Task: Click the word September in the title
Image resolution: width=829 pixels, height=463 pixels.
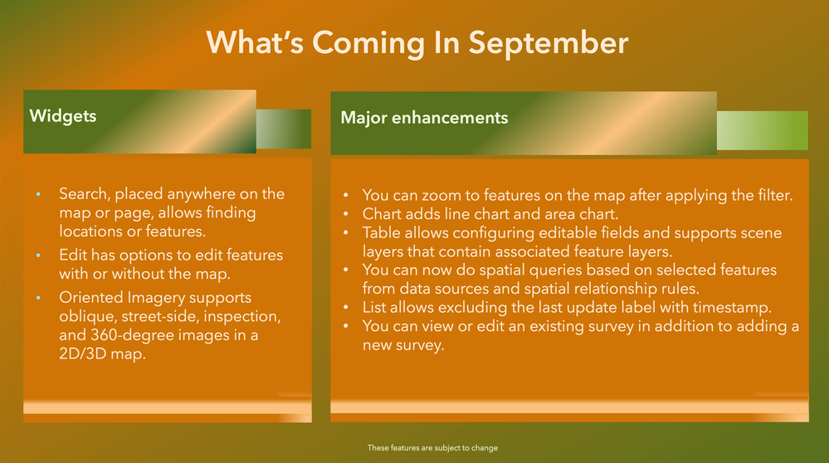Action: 549,43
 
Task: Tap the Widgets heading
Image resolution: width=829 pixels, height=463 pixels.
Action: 63,116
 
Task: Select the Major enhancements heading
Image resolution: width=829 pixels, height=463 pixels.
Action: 424,117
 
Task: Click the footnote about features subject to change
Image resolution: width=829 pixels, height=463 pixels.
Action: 432,448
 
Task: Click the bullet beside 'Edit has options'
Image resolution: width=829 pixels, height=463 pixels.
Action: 39,256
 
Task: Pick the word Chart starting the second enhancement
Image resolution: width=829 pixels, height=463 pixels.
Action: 380,214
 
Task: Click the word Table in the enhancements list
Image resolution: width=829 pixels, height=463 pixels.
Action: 379,232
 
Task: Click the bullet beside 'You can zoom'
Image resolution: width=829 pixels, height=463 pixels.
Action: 346,196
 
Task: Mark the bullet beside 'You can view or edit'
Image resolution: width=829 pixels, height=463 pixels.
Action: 346,327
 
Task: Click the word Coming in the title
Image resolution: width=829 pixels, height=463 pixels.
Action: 368,43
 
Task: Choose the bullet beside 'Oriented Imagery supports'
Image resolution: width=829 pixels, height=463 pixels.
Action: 39,298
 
